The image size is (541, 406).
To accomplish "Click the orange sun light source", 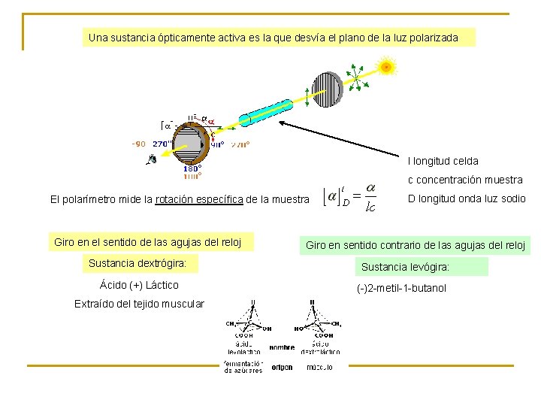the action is (385, 67).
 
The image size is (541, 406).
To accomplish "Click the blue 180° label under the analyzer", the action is (191, 169).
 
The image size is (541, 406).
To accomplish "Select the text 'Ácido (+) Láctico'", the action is (139, 285).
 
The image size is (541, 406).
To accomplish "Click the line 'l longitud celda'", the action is (443, 161).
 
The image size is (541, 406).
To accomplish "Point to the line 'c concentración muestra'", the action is (465, 180).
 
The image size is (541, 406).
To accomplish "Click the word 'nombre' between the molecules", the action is (283, 347).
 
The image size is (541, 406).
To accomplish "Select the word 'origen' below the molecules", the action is (283, 368).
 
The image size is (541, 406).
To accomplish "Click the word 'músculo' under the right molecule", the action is (320, 368).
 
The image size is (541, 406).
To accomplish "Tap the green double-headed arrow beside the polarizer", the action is (307, 95).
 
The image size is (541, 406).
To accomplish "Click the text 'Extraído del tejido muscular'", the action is (139, 304).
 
